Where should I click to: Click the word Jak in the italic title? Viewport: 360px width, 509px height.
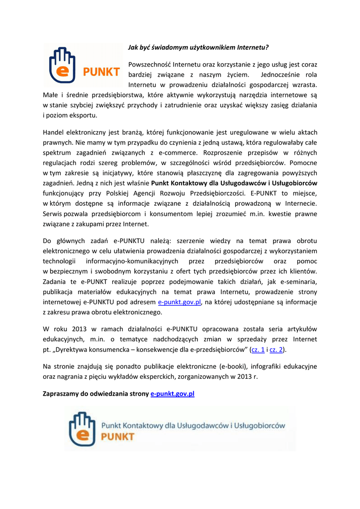[x=133, y=48]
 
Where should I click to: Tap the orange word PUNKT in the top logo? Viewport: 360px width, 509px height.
[x=102, y=73]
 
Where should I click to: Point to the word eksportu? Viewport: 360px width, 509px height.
[x=84, y=115]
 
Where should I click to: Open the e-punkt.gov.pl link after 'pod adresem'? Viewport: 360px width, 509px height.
[x=179, y=302]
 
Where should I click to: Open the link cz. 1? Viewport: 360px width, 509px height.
[x=258, y=349]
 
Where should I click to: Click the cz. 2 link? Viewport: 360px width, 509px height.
[x=276, y=349]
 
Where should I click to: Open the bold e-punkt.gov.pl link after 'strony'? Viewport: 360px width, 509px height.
[x=172, y=394]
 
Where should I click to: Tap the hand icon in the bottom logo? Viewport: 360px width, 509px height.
[x=82, y=428]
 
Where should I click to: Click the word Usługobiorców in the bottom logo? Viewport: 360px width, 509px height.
[x=260, y=425]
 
